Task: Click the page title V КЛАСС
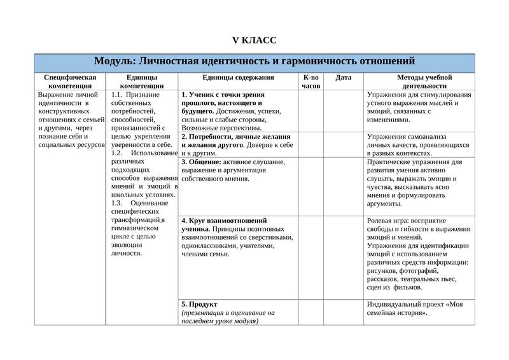(x=254, y=41)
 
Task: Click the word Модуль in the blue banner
(x=114, y=61)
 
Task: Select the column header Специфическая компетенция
(x=70, y=81)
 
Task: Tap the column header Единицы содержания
(x=238, y=78)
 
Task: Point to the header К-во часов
(x=311, y=81)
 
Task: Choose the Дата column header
(x=343, y=78)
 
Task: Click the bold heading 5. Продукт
(x=200, y=304)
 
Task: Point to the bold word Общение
(x=205, y=162)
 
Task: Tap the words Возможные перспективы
(x=221, y=128)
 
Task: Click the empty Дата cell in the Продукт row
(x=343, y=312)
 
